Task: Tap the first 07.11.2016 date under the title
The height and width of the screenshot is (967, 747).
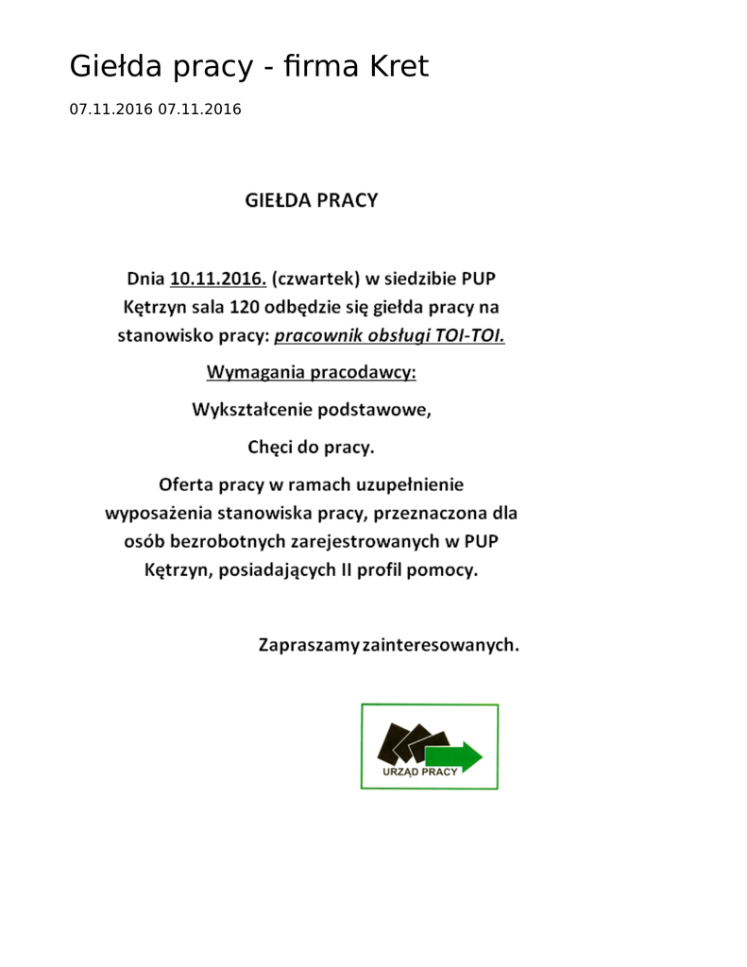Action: (110, 110)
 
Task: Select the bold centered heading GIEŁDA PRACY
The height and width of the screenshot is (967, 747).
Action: (312, 200)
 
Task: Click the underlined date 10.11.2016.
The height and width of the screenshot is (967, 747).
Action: (218, 279)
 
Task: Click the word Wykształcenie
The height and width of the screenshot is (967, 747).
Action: (253, 412)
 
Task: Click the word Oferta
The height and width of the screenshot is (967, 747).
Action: (186, 485)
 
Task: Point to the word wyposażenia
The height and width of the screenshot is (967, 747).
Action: (158, 515)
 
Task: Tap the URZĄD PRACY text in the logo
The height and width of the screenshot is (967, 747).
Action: (419, 772)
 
